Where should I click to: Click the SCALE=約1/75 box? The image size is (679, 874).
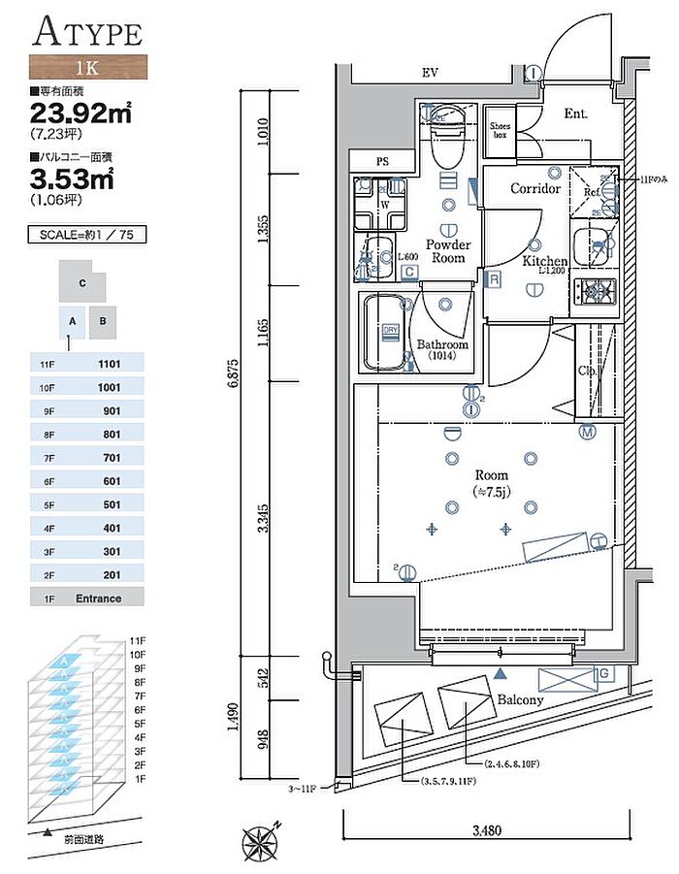coord(87,235)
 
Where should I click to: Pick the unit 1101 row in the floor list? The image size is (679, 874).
coord(87,364)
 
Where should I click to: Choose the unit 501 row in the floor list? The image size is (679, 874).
coord(87,503)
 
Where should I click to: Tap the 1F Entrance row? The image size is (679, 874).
coord(87,598)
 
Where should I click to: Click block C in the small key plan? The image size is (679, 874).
coord(84,282)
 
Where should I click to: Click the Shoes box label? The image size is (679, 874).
coord(501,130)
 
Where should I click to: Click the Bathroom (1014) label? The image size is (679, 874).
coord(442,350)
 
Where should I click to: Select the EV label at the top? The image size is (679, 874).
coord(430,74)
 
